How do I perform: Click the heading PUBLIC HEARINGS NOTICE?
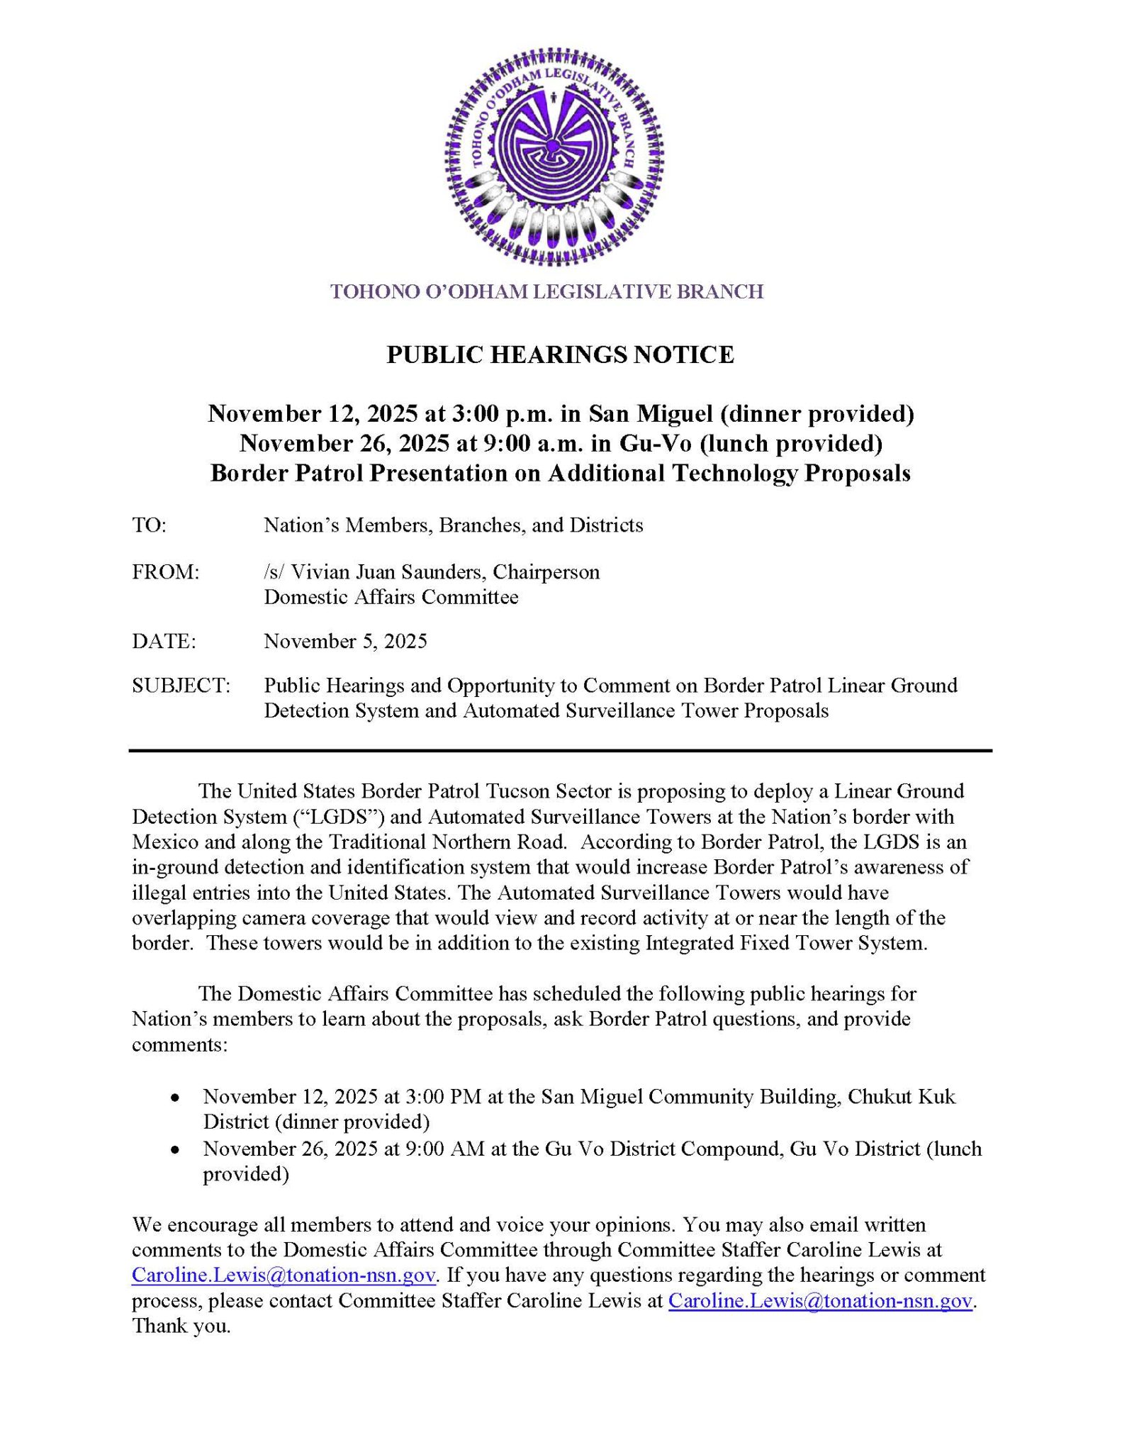click(560, 354)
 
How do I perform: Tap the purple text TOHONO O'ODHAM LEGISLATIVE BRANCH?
click(546, 291)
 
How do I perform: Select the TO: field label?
click(149, 525)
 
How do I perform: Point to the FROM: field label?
click(165, 572)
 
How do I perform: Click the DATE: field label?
click(164, 642)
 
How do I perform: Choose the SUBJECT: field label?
click(181, 686)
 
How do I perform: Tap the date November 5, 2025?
click(345, 642)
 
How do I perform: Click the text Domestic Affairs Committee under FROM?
click(391, 597)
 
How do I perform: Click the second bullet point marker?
click(174, 1150)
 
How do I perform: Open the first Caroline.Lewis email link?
click(284, 1275)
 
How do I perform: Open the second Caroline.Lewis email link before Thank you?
click(820, 1301)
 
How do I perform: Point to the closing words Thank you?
click(181, 1326)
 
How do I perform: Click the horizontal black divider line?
click(560, 750)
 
